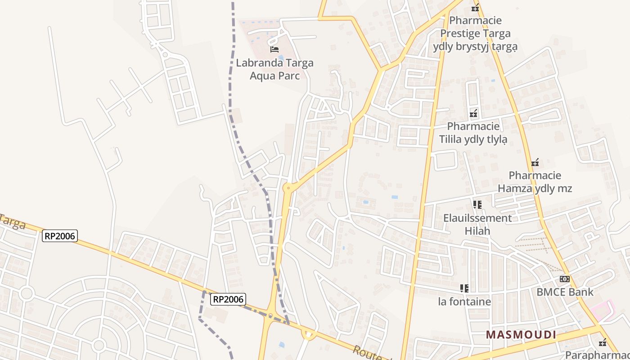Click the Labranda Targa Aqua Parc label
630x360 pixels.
[x=274, y=69]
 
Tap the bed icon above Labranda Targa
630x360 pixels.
[x=274, y=49]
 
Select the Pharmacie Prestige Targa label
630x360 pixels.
[x=475, y=33]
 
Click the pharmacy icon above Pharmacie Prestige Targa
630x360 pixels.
[x=476, y=8]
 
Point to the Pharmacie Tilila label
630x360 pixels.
[x=473, y=133]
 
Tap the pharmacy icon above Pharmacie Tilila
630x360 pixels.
[x=473, y=113]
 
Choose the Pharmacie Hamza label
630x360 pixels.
[x=535, y=181]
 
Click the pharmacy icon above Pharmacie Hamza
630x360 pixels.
[x=535, y=162]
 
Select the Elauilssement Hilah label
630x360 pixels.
[x=477, y=225]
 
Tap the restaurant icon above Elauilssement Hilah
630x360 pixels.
[x=477, y=205]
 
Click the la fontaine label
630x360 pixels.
[x=464, y=301]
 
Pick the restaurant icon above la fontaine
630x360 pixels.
[x=464, y=288]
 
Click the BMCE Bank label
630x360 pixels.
[x=565, y=292]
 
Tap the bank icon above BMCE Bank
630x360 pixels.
[x=565, y=279]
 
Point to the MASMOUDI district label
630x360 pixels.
[x=521, y=335]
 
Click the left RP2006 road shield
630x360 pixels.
[x=60, y=235]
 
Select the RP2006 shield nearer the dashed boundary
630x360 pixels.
[x=228, y=299]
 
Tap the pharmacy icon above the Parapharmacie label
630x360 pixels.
[x=603, y=343]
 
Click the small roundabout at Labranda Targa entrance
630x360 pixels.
[x=283, y=32]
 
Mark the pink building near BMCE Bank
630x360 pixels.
[x=602, y=310]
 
